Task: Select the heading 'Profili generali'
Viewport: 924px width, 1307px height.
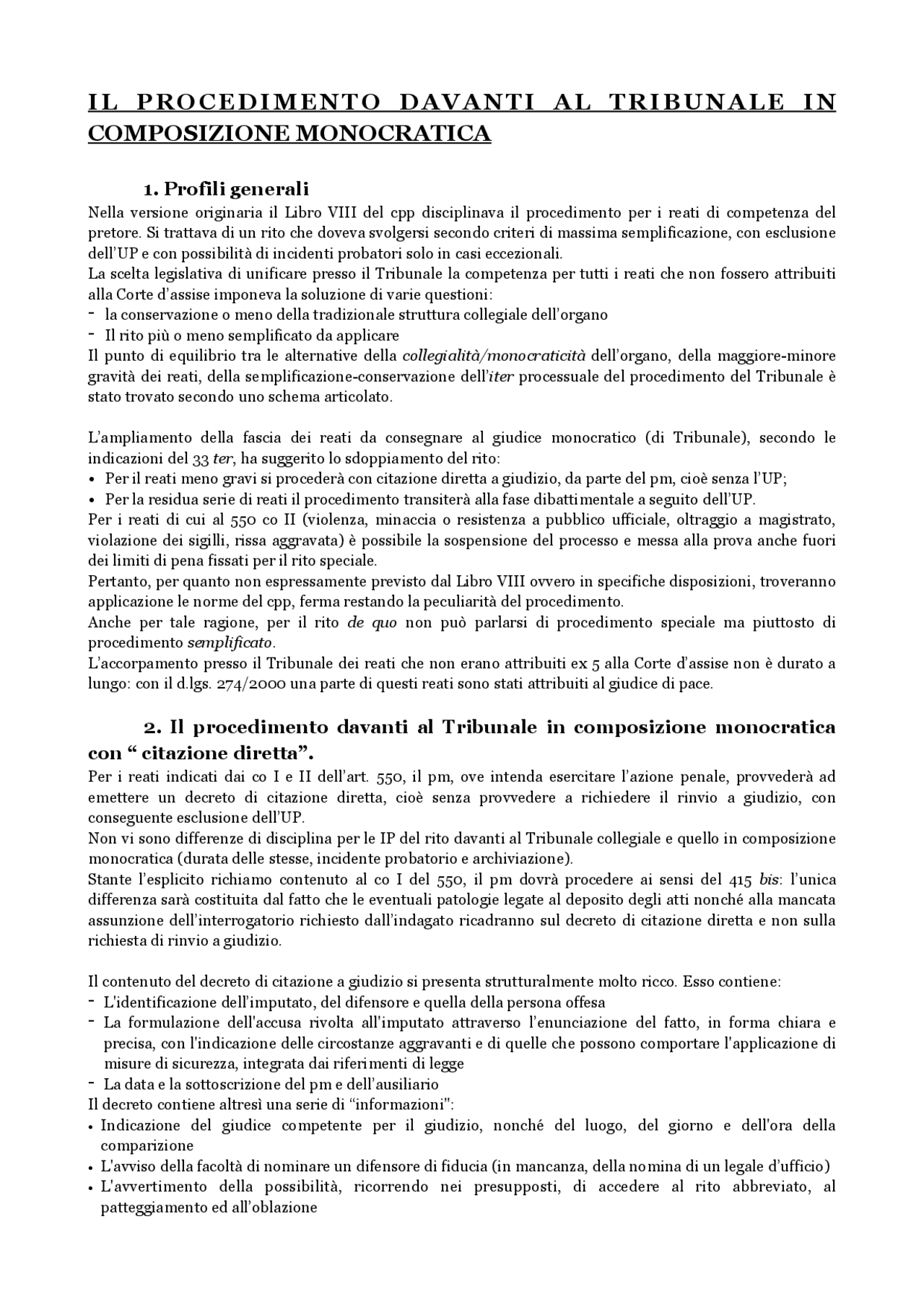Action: [237, 189]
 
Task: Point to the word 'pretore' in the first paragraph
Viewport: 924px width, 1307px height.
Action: [113, 233]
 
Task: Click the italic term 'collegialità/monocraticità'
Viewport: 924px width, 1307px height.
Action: [494, 356]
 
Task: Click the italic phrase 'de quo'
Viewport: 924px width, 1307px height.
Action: [372, 623]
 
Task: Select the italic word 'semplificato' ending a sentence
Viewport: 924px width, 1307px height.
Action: [230, 642]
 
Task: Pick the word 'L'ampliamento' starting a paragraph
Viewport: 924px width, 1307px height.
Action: [130, 438]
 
